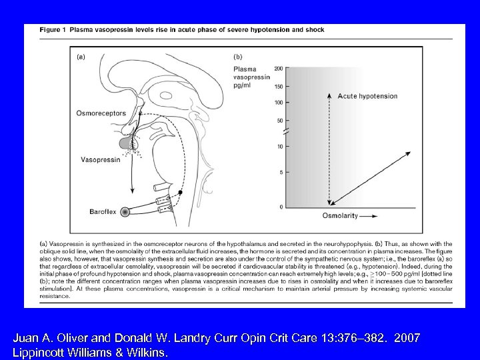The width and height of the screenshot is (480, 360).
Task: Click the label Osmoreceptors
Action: pyautogui.click(x=101, y=113)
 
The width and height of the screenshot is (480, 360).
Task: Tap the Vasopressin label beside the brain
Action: pyautogui.click(x=100, y=161)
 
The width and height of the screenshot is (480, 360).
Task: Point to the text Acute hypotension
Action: pyautogui.click(x=367, y=96)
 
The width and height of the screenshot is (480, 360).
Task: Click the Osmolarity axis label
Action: pyautogui.click(x=340, y=216)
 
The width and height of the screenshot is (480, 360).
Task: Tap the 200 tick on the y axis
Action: pyautogui.click(x=279, y=68)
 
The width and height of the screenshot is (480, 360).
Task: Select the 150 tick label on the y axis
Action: pyautogui.click(x=279, y=85)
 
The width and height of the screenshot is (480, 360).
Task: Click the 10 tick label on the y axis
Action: pyautogui.click(x=281, y=146)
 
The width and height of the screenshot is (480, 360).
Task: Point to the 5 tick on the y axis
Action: pyautogui.click(x=281, y=173)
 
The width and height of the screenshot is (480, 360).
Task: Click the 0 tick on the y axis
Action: pyautogui.click(x=281, y=207)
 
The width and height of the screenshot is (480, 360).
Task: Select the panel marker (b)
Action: pyautogui.click(x=237, y=57)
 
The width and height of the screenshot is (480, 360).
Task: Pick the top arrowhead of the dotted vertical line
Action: pyautogui.click(x=328, y=95)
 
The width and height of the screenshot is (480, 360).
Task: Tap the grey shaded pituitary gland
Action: pyautogui.click(x=125, y=143)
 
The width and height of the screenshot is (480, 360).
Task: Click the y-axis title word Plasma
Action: pyautogui.click(x=245, y=69)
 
